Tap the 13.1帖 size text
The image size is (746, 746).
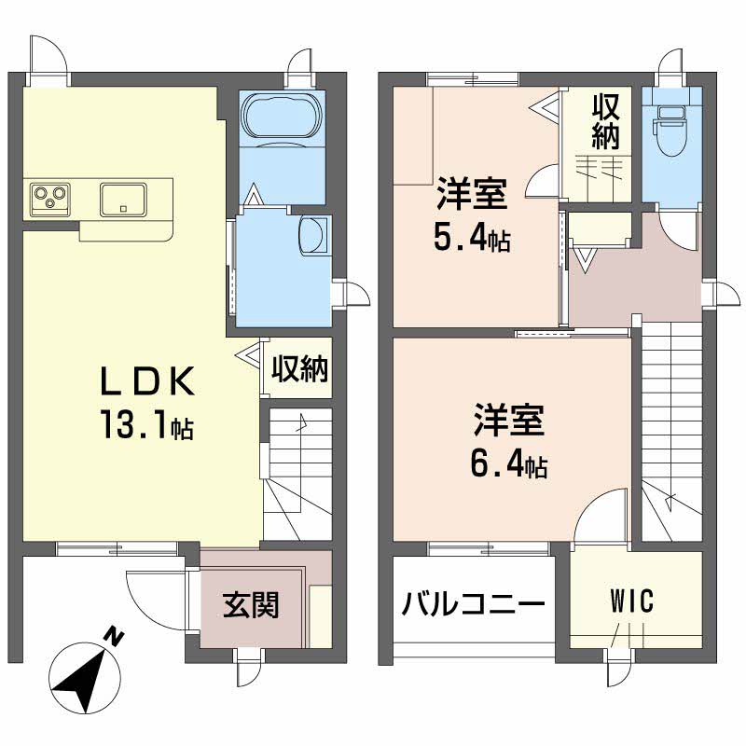[x=148, y=426]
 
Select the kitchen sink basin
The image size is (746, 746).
[x=122, y=199]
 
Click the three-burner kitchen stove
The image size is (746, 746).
[x=50, y=198]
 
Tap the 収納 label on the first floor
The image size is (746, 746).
[x=299, y=369]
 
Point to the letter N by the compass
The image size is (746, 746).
[x=115, y=638]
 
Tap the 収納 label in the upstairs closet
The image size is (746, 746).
[x=605, y=123]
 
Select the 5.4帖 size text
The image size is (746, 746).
[x=471, y=241]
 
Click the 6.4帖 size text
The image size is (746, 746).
[x=508, y=463]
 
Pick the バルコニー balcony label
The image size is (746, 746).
[x=473, y=606]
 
